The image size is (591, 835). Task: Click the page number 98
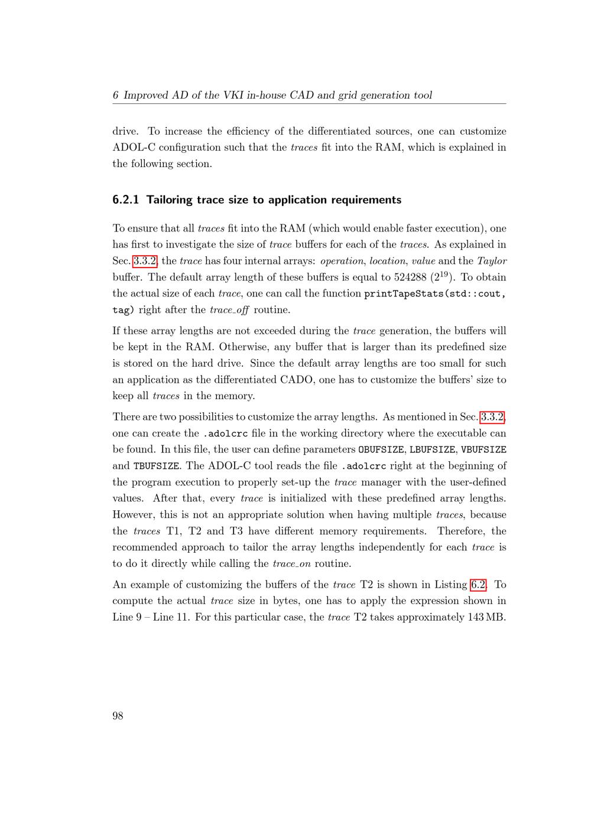coord(118,716)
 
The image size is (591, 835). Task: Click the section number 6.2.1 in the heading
coord(126,200)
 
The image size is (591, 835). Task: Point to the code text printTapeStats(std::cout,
coord(435,293)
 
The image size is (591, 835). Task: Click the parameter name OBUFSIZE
coord(381,450)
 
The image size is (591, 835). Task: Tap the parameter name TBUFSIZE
coord(156,466)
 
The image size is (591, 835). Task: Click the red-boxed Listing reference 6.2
coord(478,585)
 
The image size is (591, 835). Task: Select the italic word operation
coord(342,261)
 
